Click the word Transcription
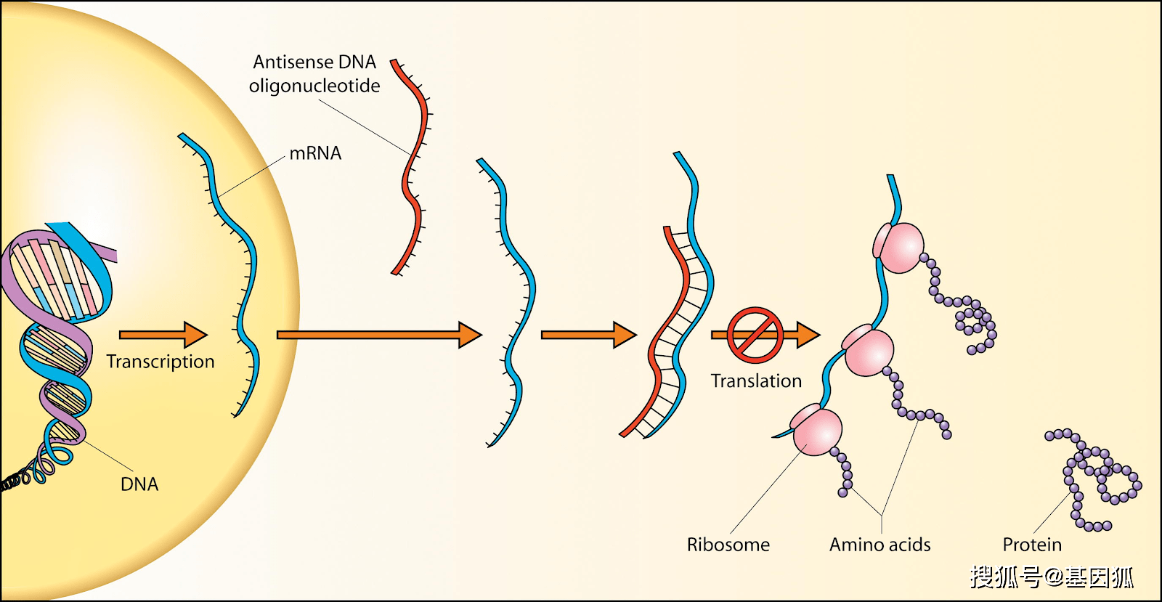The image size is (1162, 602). click(x=161, y=362)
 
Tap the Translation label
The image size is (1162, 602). click(x=756, y=381)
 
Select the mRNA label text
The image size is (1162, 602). click(x=315, y=153)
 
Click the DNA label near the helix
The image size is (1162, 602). click(x=139, y=484)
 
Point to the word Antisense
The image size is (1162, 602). click(x=293, y=62)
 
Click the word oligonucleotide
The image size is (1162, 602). click(x=314, y=86)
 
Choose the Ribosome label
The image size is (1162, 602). click(x=728, y=545)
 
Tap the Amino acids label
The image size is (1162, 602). click(x=879, y=545)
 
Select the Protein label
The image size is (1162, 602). click(x=1032, y=545)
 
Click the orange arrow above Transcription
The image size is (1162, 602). click(x=163, y=335)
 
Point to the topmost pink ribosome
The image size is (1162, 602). click(x=900, y=248)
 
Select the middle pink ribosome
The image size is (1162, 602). click(x=868, y=351)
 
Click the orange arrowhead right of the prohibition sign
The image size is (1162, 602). click(x=808, y=335)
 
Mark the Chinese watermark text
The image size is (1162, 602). click(x=1052, y=577)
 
